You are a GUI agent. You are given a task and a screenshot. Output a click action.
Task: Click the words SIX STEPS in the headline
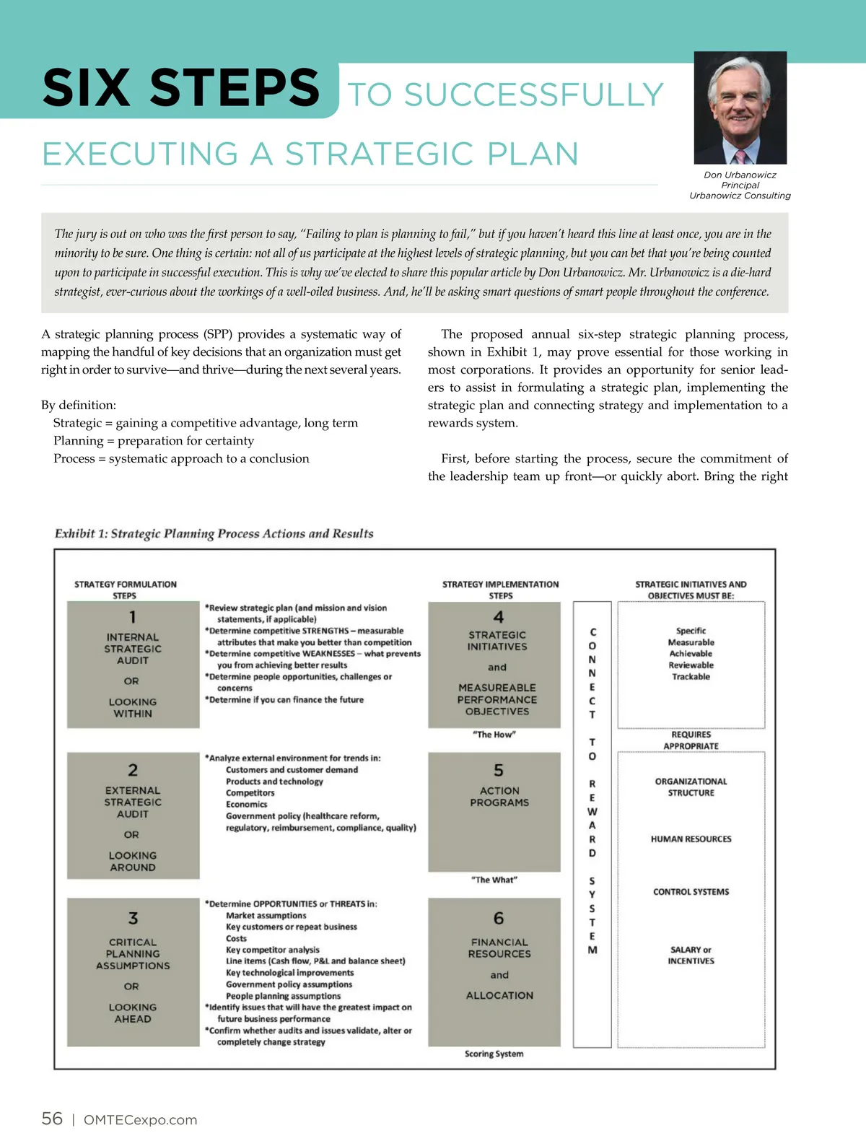point(181,88)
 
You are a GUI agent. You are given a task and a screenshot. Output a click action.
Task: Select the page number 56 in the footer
point(52,1119)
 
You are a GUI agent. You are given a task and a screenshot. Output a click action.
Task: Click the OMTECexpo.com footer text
point(140,1120)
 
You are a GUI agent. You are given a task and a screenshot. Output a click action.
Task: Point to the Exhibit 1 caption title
point(214,533)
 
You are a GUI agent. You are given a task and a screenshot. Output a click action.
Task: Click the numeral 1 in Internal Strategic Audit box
point(133,617)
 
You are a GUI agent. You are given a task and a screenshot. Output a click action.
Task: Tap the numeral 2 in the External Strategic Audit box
point(133,770)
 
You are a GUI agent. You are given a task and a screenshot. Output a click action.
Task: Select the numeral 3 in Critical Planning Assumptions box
point(133,918)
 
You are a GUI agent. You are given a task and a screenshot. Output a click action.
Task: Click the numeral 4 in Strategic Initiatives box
point(498,617)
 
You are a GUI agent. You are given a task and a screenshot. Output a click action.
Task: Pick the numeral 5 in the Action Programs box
point(499,770)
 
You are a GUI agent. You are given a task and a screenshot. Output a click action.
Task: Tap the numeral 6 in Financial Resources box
point(499,918)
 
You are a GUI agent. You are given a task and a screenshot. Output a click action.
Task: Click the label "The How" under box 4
point(494,735)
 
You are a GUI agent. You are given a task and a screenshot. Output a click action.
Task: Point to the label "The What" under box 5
point(494,880)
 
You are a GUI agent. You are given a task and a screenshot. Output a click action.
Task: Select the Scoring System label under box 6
point(494,1054)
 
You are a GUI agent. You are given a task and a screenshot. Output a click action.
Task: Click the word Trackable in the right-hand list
point(691,677)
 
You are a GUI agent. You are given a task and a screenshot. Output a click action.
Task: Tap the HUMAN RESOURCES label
point(691,839)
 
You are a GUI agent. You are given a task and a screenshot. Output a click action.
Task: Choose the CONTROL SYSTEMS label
point(691,892)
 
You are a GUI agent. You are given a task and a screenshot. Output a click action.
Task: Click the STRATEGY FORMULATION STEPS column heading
point(126,590)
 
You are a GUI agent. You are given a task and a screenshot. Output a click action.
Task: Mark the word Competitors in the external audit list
point(250,793)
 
